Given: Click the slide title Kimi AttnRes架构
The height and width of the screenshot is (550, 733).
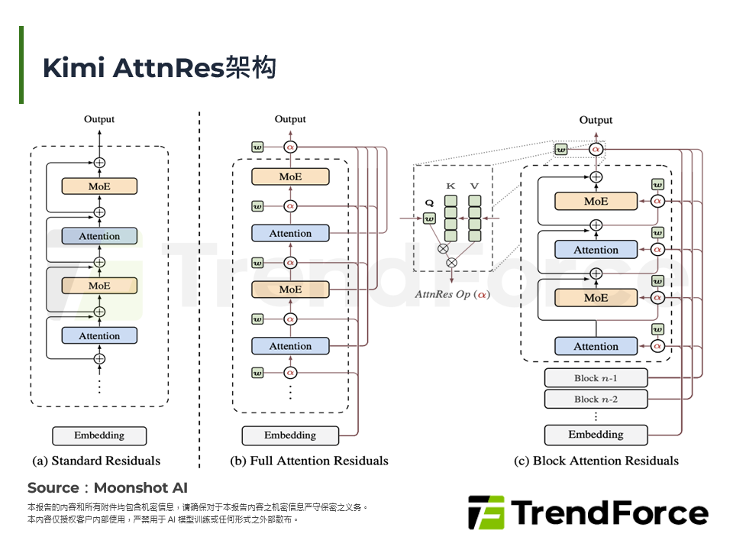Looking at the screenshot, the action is coord(159,68).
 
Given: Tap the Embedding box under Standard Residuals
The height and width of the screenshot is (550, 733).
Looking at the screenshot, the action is coord(99,435).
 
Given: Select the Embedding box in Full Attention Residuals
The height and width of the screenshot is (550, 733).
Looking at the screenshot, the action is coord(290,435).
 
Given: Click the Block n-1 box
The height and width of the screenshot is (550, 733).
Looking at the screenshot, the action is coord(596,378).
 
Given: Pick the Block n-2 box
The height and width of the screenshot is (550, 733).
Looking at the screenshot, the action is coord(596,399).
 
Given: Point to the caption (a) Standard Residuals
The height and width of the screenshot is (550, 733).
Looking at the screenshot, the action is coord(96,461).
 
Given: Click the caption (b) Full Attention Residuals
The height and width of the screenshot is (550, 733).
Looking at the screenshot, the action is coord(309,461).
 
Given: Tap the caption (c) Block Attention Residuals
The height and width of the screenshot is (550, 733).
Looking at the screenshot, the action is coord(596,461).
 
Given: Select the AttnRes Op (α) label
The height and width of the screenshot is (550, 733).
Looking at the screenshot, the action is coord(453,295).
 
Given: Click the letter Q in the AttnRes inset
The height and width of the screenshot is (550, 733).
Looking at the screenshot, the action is coord(429,203).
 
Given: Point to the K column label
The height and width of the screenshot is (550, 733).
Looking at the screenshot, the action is coord(450,186).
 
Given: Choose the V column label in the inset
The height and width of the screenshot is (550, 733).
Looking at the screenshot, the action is coord(474,186).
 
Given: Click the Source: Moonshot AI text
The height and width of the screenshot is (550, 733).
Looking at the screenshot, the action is coord(108,488).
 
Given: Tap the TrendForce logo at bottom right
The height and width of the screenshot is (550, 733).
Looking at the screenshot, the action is coord(588,513).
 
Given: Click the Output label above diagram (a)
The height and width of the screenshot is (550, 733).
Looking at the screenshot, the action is coord(99,119).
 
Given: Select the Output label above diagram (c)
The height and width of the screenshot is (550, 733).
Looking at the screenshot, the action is coord(596,120).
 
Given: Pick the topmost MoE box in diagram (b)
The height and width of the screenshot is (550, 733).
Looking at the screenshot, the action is coord(290,176).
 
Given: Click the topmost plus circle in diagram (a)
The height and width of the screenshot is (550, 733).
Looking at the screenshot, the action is coord(99,163).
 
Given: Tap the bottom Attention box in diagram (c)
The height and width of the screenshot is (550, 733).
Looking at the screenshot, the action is coord(596,346).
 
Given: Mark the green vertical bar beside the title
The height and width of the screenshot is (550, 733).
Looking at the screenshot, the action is coord(21,64).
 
